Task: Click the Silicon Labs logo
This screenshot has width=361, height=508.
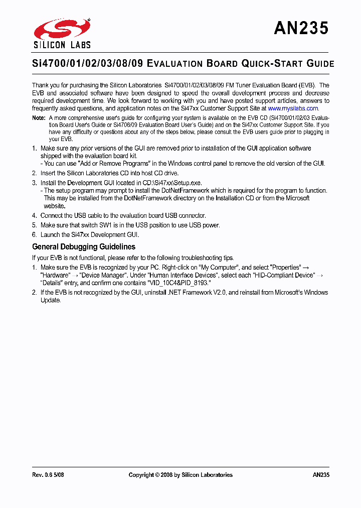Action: (x=62, y=33)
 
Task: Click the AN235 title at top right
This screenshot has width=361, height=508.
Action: (x=301, y=28)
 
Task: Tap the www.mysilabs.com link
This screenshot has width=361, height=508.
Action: (x=293, y=108)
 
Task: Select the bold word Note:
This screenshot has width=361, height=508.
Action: (x=39, y=117)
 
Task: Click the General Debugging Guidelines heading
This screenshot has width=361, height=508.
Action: (x=83, y=246)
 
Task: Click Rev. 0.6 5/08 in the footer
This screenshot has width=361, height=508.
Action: (x=48, y=474)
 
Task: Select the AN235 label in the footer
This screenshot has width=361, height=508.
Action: (x=320, y=474)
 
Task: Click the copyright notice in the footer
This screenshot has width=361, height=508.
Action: (x=180, y=474)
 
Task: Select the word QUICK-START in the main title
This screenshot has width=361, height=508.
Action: (x=266, y=64)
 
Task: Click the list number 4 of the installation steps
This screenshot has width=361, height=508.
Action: (x=34, y=215)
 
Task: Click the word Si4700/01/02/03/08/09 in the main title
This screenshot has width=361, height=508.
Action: (x=87, y=64)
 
